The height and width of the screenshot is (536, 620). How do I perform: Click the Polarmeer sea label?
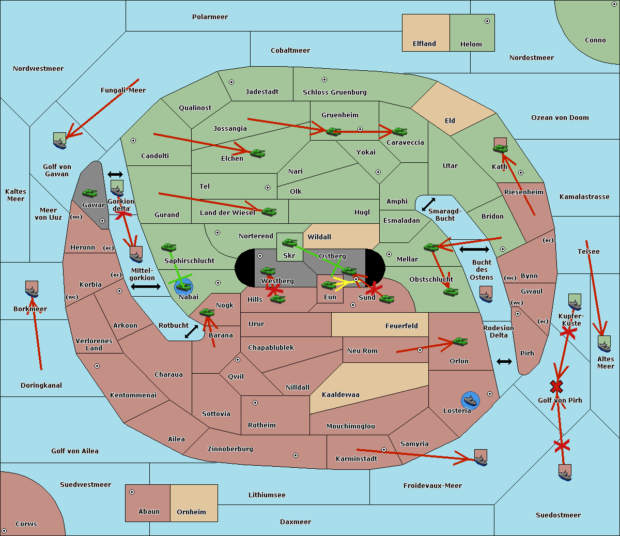(x=210, y=17)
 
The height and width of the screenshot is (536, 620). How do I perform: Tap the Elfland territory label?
(x=424, y=44)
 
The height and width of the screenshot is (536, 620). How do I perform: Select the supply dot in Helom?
(x=487, y=21)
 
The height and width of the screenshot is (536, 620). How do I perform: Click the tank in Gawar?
(x=90, y=193)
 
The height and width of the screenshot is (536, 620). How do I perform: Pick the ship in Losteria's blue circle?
(x=470, y=400)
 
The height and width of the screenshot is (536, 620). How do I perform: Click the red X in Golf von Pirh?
(x=556, y=386)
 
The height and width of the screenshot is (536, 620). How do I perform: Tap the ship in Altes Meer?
(x=604, y=344)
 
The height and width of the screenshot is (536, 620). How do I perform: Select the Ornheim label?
(x=191, y=512)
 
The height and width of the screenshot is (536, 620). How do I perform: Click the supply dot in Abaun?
(x=132, y=492)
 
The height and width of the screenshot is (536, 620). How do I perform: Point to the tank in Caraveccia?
(x=399, y=132)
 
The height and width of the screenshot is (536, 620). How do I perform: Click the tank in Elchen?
(x=257, y=153)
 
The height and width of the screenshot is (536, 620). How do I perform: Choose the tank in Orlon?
(x=460, y=342)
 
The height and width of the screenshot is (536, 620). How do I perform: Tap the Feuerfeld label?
(x=401, y=326)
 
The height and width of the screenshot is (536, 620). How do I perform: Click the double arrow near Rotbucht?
(x=191, y=331)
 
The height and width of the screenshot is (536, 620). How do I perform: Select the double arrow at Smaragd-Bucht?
(x=429, y=205)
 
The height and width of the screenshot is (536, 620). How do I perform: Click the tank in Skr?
(x=289, y=242)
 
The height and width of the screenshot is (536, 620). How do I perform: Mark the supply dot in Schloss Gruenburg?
(x=324, y=80)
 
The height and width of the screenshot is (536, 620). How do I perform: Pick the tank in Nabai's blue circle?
(x=184, y=285)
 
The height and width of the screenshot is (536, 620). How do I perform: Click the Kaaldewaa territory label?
(x=340, y=395)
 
